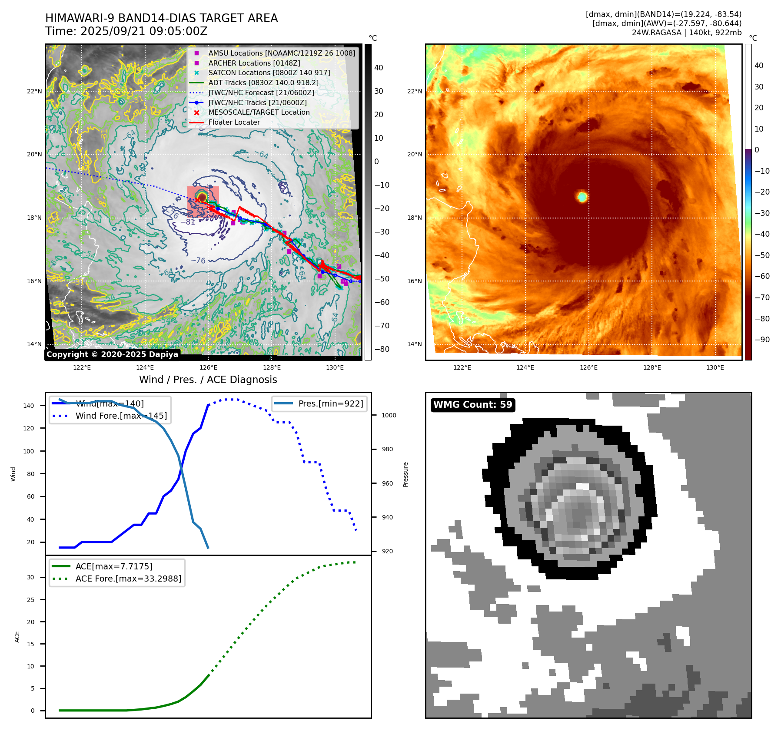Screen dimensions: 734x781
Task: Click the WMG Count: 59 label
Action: [472, 405]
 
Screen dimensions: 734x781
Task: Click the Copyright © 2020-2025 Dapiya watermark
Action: [112, 354]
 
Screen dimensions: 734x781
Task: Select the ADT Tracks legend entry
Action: [263, 83]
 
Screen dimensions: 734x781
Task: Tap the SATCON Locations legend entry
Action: [269, 73]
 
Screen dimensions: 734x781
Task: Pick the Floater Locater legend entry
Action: [234, 122]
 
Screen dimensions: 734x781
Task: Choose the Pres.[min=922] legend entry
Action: [330, 403]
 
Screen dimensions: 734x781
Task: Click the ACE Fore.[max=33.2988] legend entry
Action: [128, 579]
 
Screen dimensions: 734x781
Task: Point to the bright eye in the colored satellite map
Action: [582, 197]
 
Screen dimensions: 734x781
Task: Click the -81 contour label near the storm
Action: [188, 222]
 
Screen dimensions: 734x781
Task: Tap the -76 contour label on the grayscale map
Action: [198, 260]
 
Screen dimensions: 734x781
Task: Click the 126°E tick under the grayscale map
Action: [208, 367]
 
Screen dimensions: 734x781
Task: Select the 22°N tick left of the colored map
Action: [414, 91]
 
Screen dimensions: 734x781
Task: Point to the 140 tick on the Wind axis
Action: [29, 406]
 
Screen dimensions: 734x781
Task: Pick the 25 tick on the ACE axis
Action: [30, 600]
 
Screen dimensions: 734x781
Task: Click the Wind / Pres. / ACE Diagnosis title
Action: [208, 380]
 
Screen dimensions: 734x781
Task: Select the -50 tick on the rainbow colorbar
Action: [762, 255]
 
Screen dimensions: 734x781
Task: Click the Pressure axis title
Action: [405, 474]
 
